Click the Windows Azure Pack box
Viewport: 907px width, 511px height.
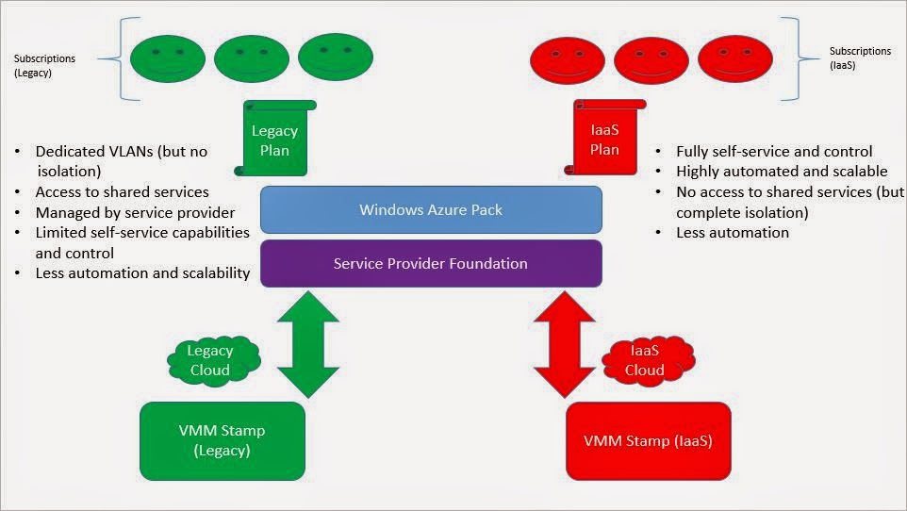pyautogui.click(x=431, y=209)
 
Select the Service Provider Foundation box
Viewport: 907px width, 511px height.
pyautogui.click(x=431, y=263)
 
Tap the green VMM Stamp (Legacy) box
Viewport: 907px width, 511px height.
pyautogui.click(x=222, y=440)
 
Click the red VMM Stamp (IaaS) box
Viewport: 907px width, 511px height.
pyautogui.click(x=648, y=441)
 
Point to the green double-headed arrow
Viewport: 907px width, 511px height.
pyautogui.click(x=307, y=345)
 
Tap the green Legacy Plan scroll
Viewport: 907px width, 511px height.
pyautogui.click(x=275, y=140)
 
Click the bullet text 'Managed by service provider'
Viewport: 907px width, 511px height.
pyautogui.click(x=135, y=212)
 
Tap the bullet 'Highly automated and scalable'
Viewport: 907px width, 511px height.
pyautogui.click(x=782, y=172)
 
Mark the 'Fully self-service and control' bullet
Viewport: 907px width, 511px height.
pyautogui.click(x=774, y=151)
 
